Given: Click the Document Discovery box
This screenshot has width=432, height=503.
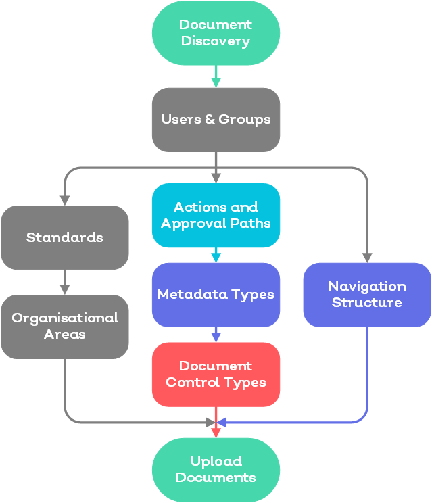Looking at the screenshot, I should [x=216, y=33].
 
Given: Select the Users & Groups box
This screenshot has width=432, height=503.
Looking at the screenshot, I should [x=216, y=120].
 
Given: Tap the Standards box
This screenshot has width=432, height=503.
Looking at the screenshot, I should [x=65, y=237].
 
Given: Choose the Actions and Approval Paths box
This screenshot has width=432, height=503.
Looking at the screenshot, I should [x=216, y=215].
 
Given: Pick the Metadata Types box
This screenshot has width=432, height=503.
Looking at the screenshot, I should [x=216, y=295].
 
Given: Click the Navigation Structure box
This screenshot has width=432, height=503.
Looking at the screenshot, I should [x=367, y=295].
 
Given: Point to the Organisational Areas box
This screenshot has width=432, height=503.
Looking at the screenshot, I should [x=65, y=326].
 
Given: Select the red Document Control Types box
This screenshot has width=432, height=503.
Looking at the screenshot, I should [x=216, y=374].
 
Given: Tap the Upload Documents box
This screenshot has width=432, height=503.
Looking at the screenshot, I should [x=216, y=469].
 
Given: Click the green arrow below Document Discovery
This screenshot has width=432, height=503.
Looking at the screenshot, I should [x=216, y=76].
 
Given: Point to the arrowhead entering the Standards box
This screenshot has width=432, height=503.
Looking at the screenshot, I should [x=65, y=200].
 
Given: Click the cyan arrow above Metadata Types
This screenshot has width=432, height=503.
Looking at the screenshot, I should [x=216, y=255].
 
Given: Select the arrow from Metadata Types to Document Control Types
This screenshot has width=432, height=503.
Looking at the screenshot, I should [x=216, y=335].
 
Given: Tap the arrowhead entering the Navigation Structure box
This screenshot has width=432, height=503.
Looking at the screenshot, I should [x=367, y=257].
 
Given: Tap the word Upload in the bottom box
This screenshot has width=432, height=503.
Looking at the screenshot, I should [x=216, y=461].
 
